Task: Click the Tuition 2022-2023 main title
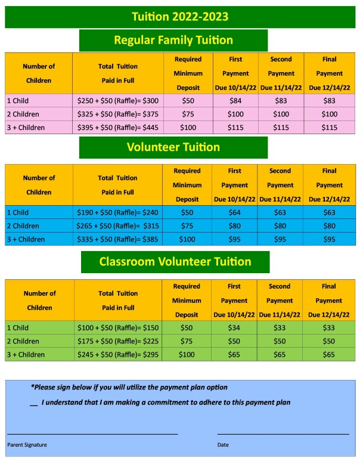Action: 179,17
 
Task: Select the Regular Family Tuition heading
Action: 173,41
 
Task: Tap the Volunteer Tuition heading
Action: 173,147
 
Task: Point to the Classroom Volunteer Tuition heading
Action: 175,262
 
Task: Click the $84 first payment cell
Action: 235,101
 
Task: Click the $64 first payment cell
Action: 235,213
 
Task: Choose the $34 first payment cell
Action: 234,328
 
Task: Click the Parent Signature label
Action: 27,445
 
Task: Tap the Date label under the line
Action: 223,445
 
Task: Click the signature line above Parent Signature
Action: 92,434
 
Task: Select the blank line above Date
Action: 283,434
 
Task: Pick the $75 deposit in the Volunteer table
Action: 187,226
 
